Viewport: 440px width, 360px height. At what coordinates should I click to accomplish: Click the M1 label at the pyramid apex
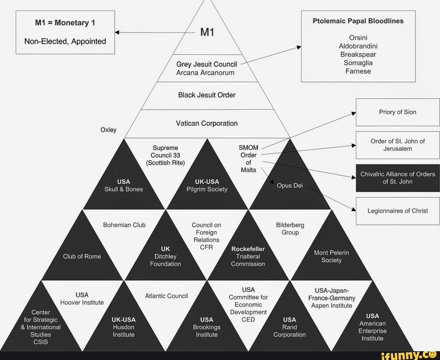point(207,32)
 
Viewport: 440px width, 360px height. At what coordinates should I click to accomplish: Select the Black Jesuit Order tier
point(207,95)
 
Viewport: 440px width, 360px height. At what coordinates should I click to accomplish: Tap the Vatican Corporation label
point(207,123)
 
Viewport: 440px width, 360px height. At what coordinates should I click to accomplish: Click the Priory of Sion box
point(397,112)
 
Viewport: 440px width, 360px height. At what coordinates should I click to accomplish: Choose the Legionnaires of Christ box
point(397,211)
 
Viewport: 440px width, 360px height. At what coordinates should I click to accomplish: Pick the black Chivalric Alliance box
point(397,178)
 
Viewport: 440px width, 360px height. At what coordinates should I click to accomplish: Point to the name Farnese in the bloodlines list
point(358,71)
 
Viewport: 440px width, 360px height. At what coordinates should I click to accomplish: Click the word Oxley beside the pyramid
point(108,130)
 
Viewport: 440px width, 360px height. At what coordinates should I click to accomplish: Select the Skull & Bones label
point(124,189)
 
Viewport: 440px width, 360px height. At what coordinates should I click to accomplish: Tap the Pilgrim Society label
point(207,189)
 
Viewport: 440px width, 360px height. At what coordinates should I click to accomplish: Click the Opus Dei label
point(290,185)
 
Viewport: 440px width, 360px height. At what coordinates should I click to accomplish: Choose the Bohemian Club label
point(124,225)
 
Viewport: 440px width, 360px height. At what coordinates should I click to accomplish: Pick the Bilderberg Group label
point(290,228)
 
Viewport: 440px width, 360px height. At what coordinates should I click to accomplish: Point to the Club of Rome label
point(82,257)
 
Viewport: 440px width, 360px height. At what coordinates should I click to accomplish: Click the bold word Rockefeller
point(248,249)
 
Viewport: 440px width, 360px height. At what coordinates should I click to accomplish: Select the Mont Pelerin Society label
point(331,257)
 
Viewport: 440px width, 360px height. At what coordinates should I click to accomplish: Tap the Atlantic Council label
point(167,296)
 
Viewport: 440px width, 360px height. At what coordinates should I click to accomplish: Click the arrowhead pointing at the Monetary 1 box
point(117,32)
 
